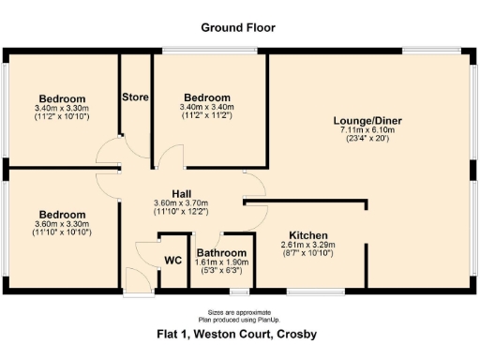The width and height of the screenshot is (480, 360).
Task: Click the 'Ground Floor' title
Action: click(x=239, y=27)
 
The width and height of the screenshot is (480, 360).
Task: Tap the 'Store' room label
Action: click(x=136, y=97)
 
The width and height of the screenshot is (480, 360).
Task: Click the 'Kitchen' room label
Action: click(x=307, y=234)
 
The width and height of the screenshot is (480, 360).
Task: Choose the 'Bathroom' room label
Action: click(x=221, y=253)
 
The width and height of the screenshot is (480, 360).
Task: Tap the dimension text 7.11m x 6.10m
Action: click(x=368, y=130)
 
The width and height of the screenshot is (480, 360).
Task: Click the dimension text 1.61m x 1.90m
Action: click(x=221, y=263)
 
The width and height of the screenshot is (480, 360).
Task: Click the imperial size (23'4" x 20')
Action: click(x=368, y=140)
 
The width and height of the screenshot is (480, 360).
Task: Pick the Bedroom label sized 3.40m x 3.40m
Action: click(x=207, y=97)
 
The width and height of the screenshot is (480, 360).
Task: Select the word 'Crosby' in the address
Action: click(x=293, y=335)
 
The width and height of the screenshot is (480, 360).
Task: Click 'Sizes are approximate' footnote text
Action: click(x=239, y=311)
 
